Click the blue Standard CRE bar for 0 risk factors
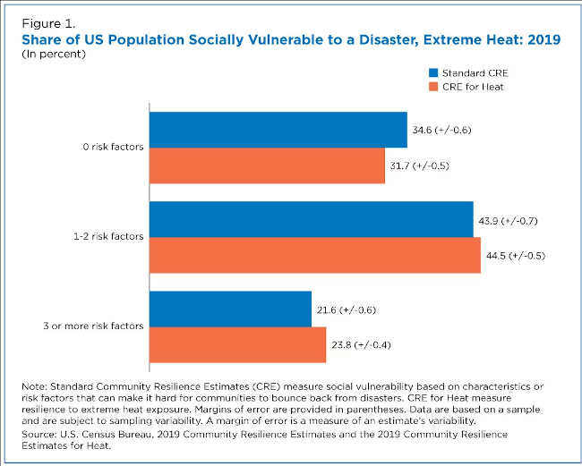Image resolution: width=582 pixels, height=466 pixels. coord(278,131)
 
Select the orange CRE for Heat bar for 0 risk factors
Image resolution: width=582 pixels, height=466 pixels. coord(267,165)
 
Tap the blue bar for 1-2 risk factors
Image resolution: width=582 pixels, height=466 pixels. coord(311,220)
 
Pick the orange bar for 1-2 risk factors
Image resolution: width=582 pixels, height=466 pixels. coord(314,255)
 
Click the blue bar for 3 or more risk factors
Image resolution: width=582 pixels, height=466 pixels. coord(230,309)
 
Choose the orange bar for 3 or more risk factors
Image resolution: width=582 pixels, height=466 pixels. coord(237,344)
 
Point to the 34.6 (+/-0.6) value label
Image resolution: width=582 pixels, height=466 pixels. coord(442,131)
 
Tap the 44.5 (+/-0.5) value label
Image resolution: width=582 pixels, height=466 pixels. coord(516,255)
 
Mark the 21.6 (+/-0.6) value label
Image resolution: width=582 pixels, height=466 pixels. coord(347,309)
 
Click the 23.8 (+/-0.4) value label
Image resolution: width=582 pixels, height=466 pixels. coord(362,344)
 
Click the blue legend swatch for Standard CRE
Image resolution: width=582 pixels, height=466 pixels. coord(432,72)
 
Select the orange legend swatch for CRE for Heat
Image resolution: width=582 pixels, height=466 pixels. coord(432,87)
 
